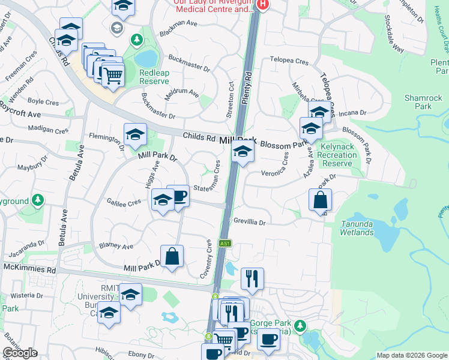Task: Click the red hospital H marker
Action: click(262, 5)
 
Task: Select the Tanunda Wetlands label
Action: click(357, 228)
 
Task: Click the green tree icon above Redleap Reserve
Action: click(137, 40)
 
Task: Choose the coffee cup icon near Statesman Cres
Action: click(178, 196)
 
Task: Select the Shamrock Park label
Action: click(418, 102)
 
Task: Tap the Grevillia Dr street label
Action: click(250, 221)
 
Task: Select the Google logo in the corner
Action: click(20, 353)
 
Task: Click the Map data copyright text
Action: click(412, 355)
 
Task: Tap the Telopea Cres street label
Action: click(289, 61)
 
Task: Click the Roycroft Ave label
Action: click(20, 113)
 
